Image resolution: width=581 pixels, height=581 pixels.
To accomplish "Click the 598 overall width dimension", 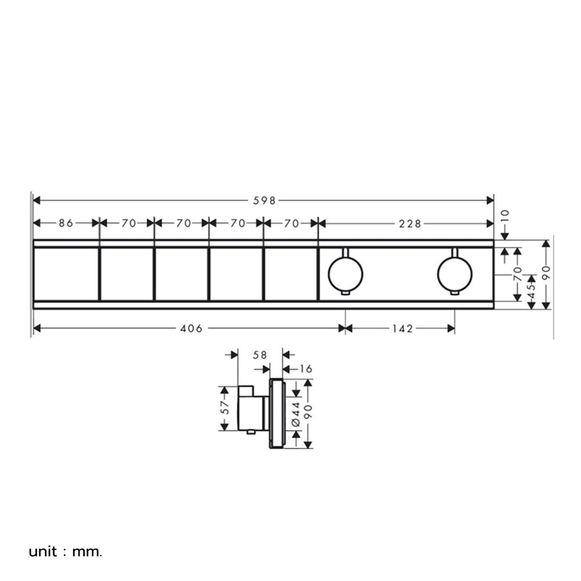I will click(x=264, y=200).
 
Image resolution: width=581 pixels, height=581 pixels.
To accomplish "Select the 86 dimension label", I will click(x=66, y=223).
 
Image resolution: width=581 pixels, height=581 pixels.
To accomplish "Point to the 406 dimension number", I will click(x=191, y=329).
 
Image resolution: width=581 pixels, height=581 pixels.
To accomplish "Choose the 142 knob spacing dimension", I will click(x=402, y=329).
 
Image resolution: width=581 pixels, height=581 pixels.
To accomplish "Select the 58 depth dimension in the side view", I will click(x=260, y=354).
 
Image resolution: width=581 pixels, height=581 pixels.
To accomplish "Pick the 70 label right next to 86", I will click(x=128, y=223).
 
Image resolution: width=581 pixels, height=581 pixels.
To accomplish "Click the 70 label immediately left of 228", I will click(x=292, y=223).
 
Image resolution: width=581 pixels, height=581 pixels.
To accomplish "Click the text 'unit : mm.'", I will click(x=66, y=550).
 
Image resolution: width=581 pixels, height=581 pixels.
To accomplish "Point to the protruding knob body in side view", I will click(x=253, y=409).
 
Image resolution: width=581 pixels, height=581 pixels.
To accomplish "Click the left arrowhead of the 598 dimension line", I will click(x=37, y=200).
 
